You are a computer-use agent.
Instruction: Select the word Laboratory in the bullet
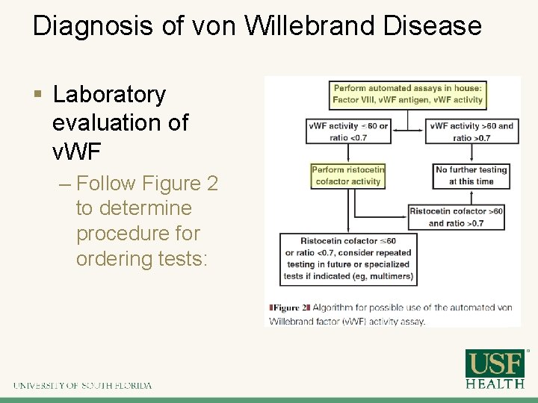pos(109,95)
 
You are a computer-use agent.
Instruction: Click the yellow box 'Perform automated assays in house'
pos(407,95)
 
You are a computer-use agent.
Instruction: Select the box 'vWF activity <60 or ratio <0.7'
pos(348,131)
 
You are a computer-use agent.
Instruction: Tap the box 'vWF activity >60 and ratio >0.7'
pos(472,131)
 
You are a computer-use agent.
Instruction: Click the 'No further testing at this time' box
pos(471,175)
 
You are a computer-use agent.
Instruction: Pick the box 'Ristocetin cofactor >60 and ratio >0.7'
pos(457,217)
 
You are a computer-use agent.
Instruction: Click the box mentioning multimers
pos(348,258)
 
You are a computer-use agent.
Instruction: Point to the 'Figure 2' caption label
pos(289,307)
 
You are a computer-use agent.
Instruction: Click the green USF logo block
pos(495,364)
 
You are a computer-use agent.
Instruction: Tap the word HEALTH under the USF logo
pos(495,384)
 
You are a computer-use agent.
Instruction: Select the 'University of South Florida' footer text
pos(82,386)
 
